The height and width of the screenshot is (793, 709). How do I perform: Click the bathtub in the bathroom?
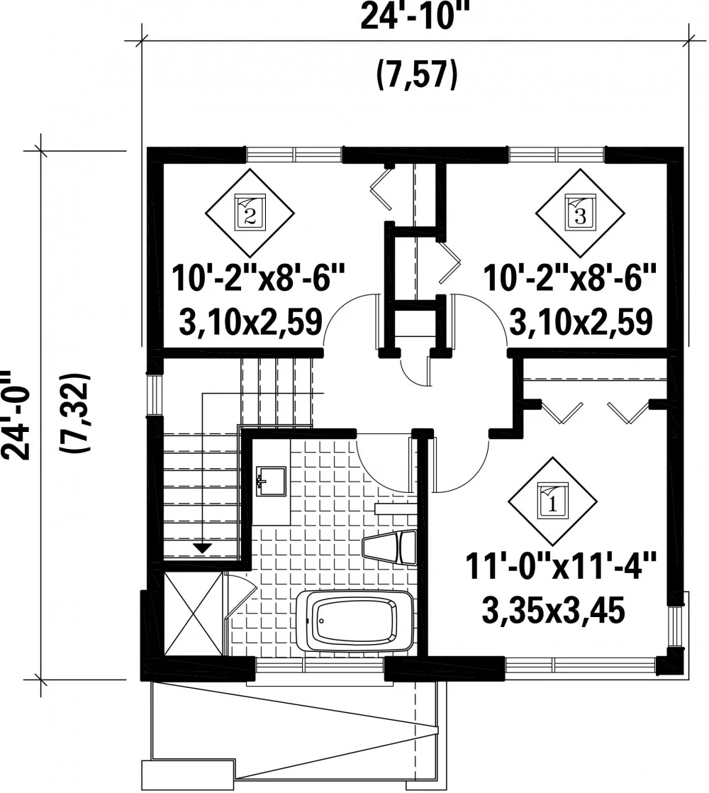pos(354,621)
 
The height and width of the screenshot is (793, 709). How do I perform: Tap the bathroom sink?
pos(271,481)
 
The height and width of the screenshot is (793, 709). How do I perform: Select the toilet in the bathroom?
pos(390,548)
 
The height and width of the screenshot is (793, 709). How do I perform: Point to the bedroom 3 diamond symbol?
pos(580,212)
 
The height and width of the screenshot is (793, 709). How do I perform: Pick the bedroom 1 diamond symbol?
pos(552,501)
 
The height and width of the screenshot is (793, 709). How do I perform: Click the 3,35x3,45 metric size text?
pos(554,611)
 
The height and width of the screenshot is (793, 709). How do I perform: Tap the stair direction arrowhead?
pos(203,547)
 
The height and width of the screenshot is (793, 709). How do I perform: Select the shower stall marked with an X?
pos(193,614)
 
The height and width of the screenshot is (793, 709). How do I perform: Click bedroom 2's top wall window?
pos(294,154)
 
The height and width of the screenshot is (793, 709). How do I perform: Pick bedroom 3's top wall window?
pos(557,154)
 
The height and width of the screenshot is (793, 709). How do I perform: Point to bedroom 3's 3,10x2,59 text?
pos(581,322)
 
